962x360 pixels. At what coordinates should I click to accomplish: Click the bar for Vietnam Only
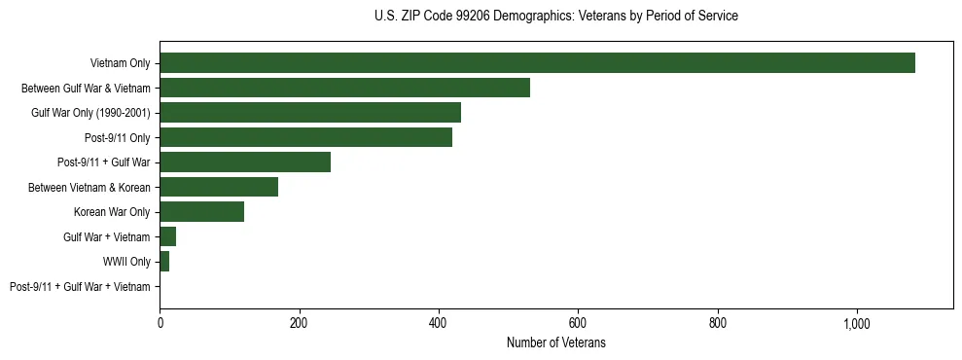point(537,63)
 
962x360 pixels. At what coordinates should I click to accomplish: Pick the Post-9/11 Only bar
point(305,137)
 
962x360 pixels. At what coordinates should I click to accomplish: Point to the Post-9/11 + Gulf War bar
point(245,162)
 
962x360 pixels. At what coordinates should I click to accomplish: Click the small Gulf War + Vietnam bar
point(167,236)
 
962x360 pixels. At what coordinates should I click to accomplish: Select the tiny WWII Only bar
point(164,262)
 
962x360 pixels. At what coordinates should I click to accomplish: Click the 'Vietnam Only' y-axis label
point(120,63)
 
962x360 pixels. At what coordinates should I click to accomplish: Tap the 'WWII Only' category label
point(126,262)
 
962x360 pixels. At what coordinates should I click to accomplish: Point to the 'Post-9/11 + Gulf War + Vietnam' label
point(80,286)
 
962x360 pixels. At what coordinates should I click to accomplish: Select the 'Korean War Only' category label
point(112,212)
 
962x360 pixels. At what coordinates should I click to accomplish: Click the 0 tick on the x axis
point(160,323)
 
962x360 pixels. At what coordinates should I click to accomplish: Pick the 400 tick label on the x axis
point(439,323)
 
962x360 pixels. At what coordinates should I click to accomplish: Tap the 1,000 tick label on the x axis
point(857,323)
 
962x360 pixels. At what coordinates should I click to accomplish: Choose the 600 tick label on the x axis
point(578,323)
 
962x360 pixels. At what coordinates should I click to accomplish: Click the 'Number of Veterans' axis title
point(556,343)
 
